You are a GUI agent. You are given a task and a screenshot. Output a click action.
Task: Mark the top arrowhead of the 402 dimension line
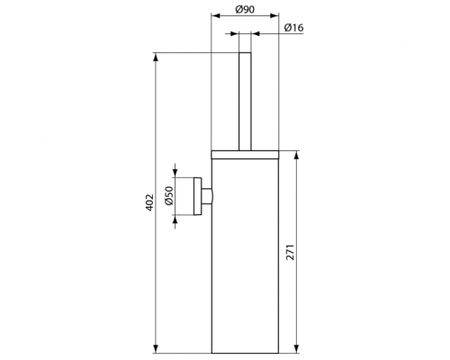(157, 56)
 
